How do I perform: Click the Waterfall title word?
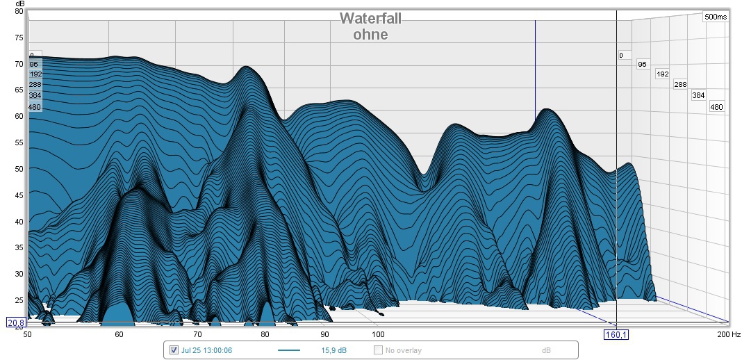pos(370,19)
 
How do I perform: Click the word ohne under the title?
pos(370,34)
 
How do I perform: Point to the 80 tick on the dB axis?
pos(19,11)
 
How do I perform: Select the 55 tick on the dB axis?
pos(19,142)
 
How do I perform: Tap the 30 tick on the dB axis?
pos(19,274)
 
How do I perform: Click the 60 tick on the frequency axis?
pos(119,334)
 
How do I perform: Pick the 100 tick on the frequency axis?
pos(375,334)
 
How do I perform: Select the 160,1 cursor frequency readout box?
pos(616,334)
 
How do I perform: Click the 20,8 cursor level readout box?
pos(15,322)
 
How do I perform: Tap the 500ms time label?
pos(715,17)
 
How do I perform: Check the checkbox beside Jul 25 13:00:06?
pos(174,350)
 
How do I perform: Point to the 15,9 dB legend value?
pos(333,350)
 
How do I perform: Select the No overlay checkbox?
pos(379,350)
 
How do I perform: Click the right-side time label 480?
pos(716,107)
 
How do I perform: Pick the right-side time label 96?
pos(642,64)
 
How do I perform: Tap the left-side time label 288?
pos(35,85)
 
